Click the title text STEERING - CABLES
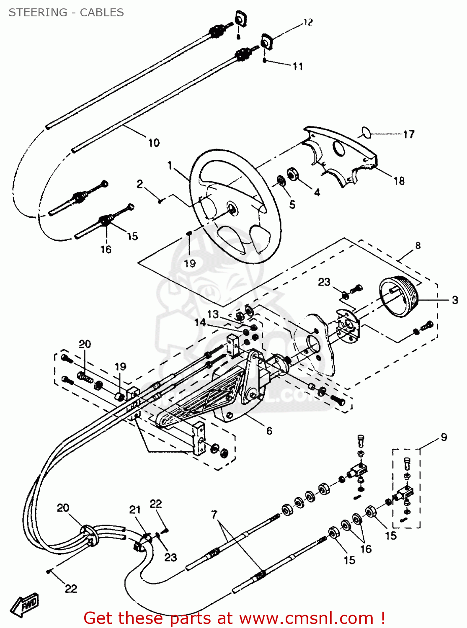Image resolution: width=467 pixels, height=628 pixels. [x=66, y=13]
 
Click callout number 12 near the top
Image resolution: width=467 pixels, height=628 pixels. [x=308, y=22]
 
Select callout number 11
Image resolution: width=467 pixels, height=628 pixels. [x=297, y=66]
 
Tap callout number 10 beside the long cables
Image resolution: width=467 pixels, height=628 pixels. [x=154, y=143]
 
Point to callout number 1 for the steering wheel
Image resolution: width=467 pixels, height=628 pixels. [x=170, y=165]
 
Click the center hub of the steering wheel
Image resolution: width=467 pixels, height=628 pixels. [x=231, y=208]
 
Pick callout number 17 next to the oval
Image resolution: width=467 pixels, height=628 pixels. [x=409, y=134]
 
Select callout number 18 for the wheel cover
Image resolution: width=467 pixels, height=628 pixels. [x=399, y=181]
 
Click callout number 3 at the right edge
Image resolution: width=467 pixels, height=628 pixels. [x=455, y=300]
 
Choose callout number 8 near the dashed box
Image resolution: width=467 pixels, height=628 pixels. [x=418, y=245]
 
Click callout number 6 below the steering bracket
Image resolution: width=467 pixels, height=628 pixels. [x=269, y=431]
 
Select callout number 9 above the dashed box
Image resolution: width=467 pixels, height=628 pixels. [x=444, y=437]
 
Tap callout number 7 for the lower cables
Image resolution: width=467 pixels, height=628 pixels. [x=214, y=514]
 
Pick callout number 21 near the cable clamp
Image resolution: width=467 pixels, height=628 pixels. [x=134, y=510]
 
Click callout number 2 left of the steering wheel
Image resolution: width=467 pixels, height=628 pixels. [x=139, y=184]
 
